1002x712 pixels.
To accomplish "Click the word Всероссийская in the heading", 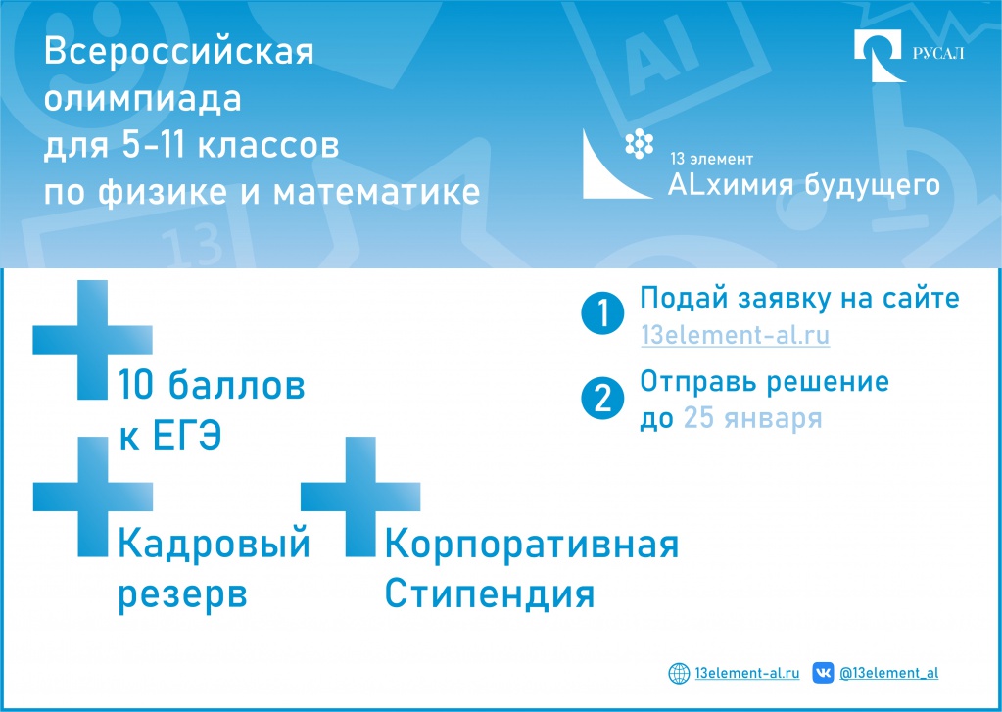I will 179,53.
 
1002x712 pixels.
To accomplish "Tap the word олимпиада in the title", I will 143,100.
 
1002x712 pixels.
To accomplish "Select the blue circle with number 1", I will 601,314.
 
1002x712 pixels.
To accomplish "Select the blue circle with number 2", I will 601,398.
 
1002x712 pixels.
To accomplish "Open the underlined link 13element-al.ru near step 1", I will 735,335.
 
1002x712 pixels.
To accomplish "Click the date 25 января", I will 752,418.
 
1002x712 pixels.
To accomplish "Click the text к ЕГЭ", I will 169,436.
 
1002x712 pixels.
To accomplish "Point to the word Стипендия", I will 489,593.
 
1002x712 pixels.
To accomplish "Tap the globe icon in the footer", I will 679,673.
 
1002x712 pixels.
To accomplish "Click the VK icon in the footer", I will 824,673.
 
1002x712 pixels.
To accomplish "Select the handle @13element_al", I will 888,673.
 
